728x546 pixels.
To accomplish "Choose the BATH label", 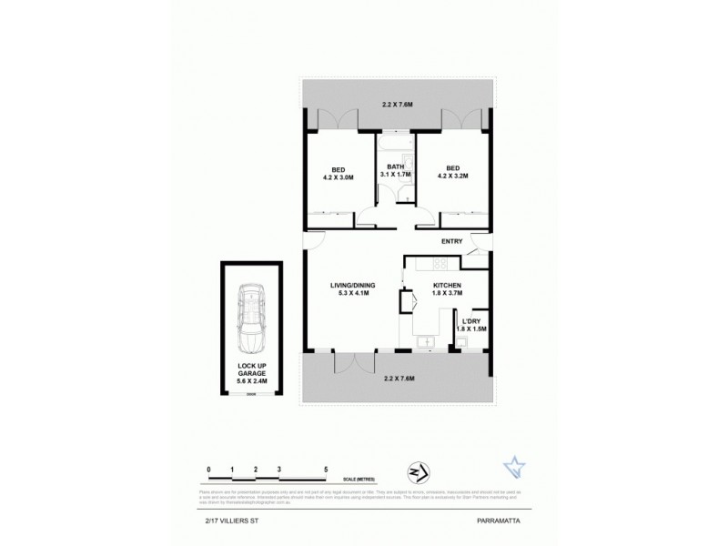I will pyautogui.click(x=395, y=167).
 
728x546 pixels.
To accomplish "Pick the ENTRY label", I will pyautogui.click(x=451, y=241).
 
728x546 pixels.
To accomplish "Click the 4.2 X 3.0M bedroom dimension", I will pyautogui.click(x=338, y=178).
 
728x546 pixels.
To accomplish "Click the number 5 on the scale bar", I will pyautogui.click(x=327, y=470).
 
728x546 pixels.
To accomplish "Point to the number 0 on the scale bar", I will pyautogui.click(x=209, y=470).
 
